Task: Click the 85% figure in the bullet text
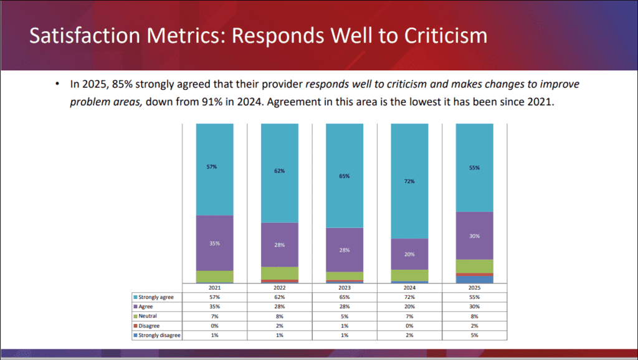coord(125,84)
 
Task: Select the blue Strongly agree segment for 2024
coord(410,181)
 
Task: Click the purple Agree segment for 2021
coord(215,243)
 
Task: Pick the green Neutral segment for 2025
coord(475,266)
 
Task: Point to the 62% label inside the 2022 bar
coord(280,170)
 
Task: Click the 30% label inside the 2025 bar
coord(475,236)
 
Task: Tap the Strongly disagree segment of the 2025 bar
coord(475,280)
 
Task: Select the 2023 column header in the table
coord(345,288)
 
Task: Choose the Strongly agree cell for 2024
coord(410,297)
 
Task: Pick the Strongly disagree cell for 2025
coord(475,335)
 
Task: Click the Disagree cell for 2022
coord(280,326)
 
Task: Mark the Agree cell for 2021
coord(215,307)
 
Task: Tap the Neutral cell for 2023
coord(345,316)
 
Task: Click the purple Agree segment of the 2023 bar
coord(345,249)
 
